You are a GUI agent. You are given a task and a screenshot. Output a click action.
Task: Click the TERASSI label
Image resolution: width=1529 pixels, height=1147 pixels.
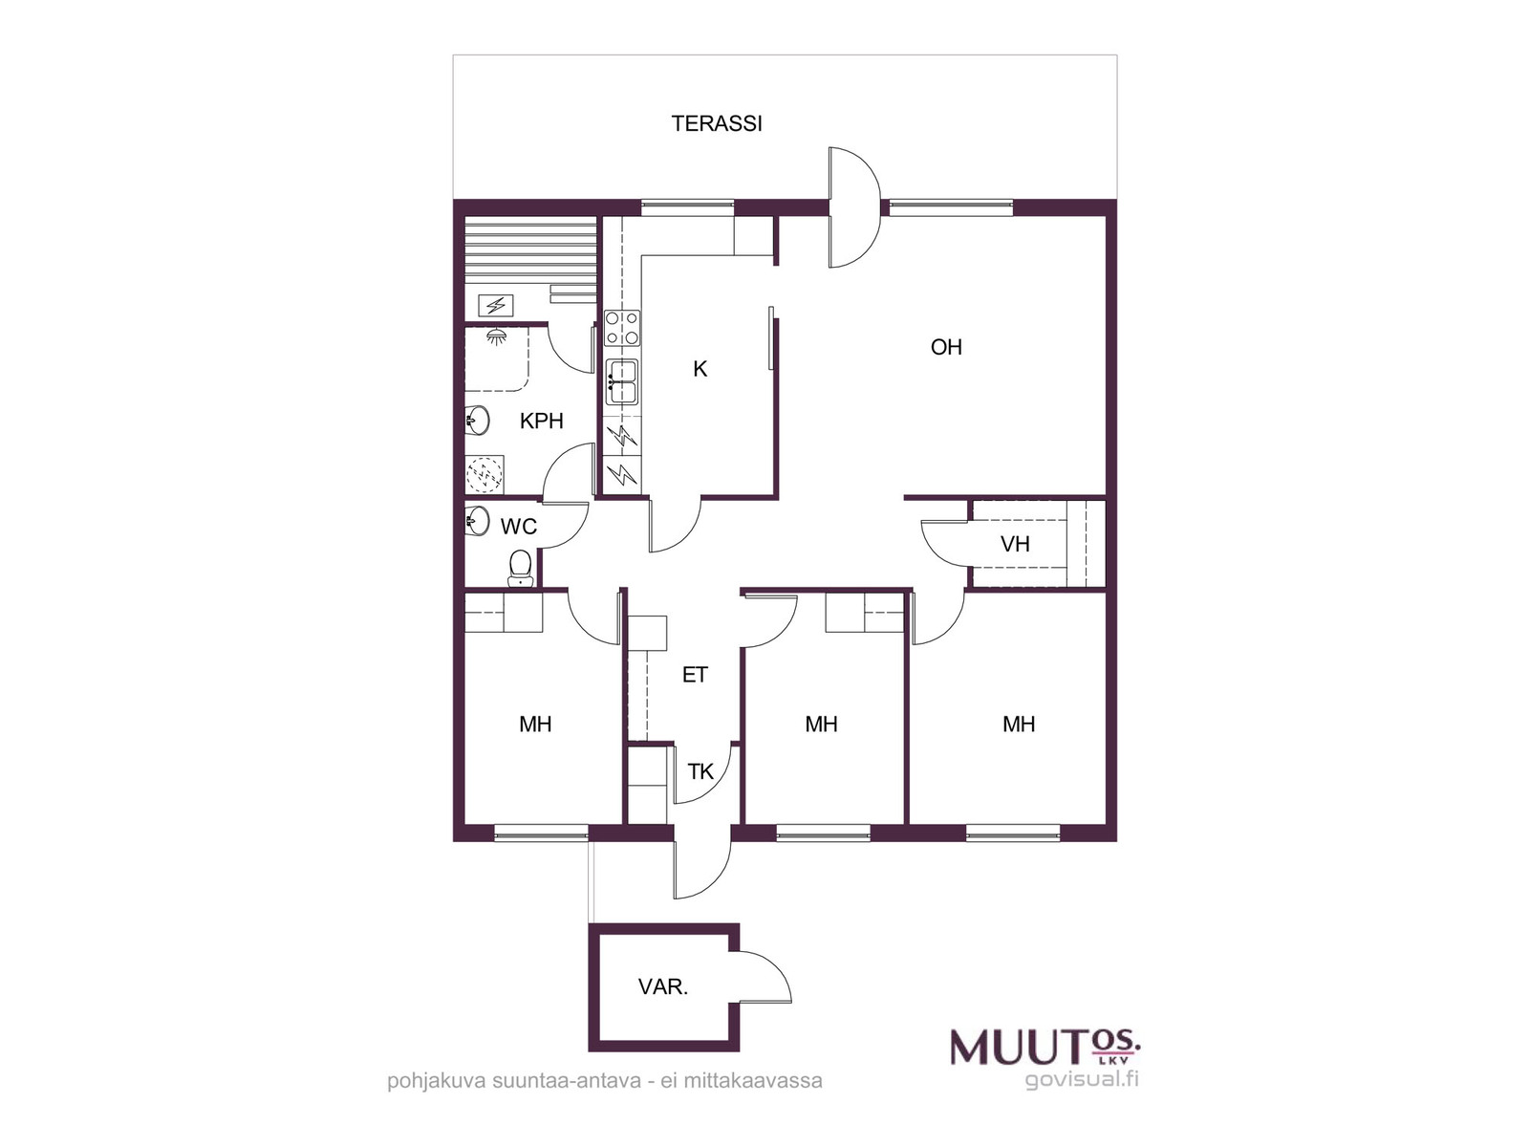(716, 124)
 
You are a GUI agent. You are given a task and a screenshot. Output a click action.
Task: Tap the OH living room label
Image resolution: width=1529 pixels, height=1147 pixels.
(946, 347)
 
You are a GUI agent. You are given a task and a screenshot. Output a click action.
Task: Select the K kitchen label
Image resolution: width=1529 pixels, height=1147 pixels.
(700, 369)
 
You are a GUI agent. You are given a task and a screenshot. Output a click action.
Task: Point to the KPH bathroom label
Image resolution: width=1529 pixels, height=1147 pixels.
(541, 421)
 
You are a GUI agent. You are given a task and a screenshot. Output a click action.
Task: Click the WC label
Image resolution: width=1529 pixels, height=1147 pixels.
(518, 527)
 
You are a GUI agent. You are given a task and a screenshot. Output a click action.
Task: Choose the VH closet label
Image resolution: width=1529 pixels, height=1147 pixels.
(1015, 544)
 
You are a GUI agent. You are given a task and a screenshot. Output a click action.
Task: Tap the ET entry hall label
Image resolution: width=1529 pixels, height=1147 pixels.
(695, 675)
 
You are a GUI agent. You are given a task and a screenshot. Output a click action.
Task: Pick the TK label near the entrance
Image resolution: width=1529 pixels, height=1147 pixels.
(700, 771)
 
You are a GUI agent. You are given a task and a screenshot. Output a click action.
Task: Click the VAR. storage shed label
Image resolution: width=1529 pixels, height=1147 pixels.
(662, 986)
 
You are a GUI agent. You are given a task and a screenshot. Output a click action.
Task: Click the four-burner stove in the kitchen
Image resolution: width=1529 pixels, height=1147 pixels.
(622, 327)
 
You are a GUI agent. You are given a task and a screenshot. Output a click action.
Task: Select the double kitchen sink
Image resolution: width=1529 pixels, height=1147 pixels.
(622, 381)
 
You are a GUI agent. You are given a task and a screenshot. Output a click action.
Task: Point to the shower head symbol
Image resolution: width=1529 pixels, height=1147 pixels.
(495, 337)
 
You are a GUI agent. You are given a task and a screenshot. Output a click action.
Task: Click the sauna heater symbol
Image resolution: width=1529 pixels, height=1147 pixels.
(496, 305)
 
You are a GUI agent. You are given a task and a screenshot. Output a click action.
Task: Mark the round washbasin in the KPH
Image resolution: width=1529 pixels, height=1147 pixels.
(478, 420)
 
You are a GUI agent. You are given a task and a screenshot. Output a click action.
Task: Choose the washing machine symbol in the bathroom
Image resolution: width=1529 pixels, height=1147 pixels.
(485, 474)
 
